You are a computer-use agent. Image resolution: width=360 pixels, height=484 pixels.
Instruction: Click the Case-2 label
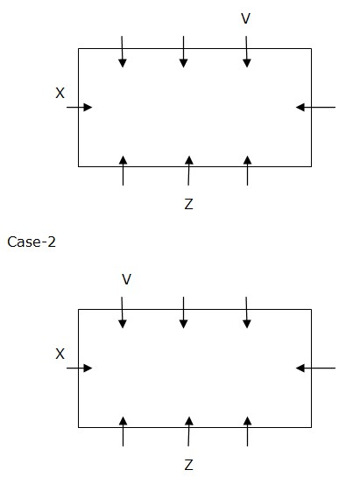pyautogui.click(x=32, y=242)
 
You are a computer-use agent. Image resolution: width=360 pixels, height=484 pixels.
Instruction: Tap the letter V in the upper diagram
pyautogui.click(x=245, y=18)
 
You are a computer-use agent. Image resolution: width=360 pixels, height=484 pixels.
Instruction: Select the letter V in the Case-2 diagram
pyautogui.click(x=127, y=279)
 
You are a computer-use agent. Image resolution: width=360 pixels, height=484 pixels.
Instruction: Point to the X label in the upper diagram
pyautogui.click(x=60, y=93)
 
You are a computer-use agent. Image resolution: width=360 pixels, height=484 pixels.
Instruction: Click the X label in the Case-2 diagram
pyautogui.click(x=60, y=354)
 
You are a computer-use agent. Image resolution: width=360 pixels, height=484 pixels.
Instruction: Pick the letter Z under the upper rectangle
pyautogui.click(x=188, y=204)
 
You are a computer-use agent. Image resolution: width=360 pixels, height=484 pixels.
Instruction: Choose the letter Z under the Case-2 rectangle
pyautogui.click(x=188, y=465)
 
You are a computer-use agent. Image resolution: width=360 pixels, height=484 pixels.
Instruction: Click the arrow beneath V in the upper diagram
pyautogui.click(x=247, y=52)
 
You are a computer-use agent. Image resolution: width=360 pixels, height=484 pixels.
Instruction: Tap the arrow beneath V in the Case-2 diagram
pyautogui.click(x=123, y=312)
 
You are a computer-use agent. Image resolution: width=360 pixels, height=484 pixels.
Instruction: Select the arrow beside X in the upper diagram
pyautogui.click(x=80, y=108)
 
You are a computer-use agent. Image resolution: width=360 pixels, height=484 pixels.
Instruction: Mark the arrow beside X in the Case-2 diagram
pyautogui.click(x=80, y=368)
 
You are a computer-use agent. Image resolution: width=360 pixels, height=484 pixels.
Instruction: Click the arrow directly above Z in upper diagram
pyautogui.click(x=189, y=171)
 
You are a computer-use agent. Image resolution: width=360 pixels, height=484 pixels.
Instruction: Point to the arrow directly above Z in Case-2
pyautogui.click(x=189, y=431)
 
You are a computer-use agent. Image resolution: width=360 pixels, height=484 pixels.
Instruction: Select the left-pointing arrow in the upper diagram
pyautogui.click(x=315, y=108)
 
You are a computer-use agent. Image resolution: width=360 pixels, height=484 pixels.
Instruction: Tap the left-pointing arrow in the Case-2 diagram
pyautogui.click(x=315, y=368)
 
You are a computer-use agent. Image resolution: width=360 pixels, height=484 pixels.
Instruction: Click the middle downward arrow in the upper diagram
pyautogui.click(x=184, y=52)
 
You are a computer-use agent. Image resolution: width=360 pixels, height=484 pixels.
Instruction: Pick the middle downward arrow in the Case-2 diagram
pyautogui.click(x=184, y=312)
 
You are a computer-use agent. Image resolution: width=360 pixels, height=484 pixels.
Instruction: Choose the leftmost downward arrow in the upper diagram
pyautogui.click(x=123, y=52)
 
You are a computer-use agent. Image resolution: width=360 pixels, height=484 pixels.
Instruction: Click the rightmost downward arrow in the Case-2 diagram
pyautogui.click(x=247, y=312)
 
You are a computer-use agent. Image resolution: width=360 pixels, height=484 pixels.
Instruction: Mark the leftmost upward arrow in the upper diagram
pyautogui.click(x=123, y=171)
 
